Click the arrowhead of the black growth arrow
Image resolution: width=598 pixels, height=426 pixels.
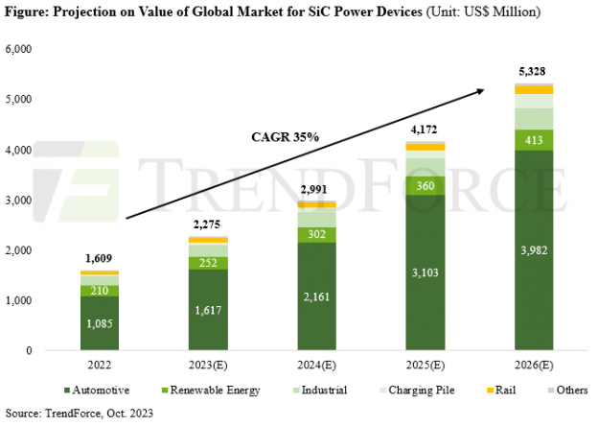tap(478, 91)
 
